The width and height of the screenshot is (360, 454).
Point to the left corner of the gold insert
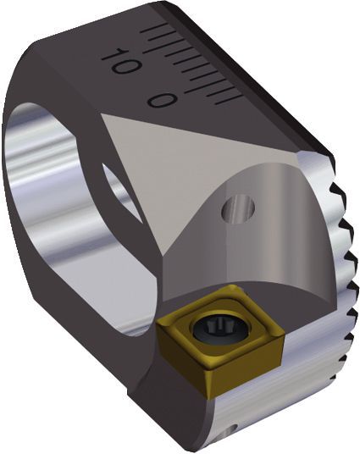157,331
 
